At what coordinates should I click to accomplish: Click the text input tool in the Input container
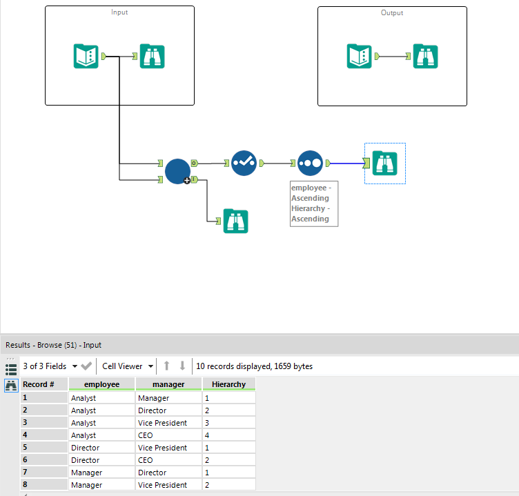tap(86, 56)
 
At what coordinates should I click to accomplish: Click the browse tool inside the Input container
tap(152, 56)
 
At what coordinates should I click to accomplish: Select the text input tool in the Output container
tap(359, 56)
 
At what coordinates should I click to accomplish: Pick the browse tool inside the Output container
tap(425, 56)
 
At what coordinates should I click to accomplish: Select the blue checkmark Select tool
tap(244, 163)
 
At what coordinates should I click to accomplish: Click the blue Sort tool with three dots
tap(310, 163)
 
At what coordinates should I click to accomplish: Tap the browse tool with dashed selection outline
tap(384, 163)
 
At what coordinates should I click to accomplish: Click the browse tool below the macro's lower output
tap(235, 221)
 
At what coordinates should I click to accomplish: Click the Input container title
tap(119, 12)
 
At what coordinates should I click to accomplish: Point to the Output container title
tap(392, 12)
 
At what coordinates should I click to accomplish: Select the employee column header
tap(101, 384)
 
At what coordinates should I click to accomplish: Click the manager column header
tap(168, 384)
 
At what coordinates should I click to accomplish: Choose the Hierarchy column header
tap(228, 384)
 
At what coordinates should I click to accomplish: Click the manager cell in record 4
tap(168, 435)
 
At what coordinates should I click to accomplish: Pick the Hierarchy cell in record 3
tap(228, 423)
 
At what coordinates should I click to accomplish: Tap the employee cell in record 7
tap(101, 473)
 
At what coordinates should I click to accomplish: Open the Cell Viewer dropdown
tap(127, 366)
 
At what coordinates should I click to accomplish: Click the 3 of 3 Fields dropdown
tap(50, 366)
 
